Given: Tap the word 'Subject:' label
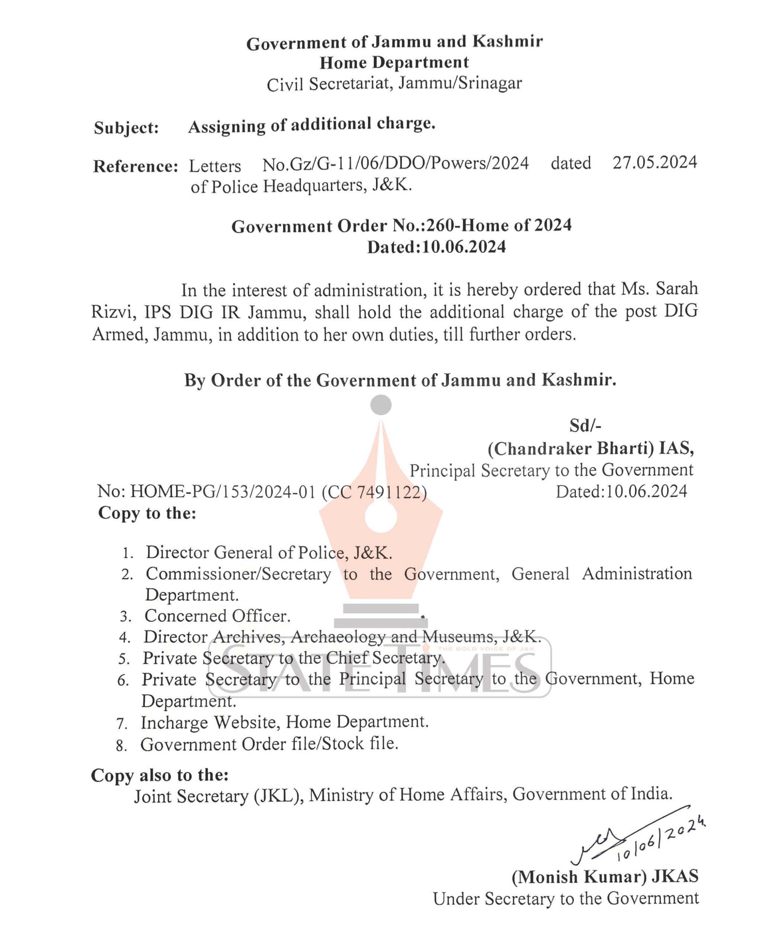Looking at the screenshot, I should pos(126,128).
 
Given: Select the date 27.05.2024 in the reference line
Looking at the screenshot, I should pos(654,163).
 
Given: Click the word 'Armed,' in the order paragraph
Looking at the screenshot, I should pos(120,335).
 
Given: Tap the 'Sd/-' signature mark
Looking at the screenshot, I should pos(585,426).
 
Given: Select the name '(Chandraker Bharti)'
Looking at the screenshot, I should pos(570,448).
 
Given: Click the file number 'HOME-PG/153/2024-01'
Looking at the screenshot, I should pos(223,492).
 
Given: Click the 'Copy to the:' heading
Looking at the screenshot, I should pos(147,513).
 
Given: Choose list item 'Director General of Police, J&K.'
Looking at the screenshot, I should pos(269,552).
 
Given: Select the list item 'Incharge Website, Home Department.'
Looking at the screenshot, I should pos(284,723).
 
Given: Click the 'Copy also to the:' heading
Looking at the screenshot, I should pos(160,775).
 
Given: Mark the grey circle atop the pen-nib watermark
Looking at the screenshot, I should pos(380,405).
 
